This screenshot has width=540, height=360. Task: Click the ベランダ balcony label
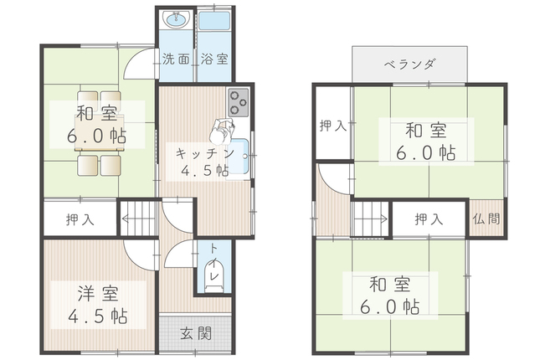(409, 64)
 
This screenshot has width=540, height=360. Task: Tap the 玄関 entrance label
(198, 332)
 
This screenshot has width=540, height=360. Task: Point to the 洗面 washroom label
(176, 60)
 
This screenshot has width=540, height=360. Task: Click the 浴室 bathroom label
(213, 60)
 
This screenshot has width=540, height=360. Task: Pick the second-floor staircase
(369, 221)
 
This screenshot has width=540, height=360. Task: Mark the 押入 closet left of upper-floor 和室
(332, 126)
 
